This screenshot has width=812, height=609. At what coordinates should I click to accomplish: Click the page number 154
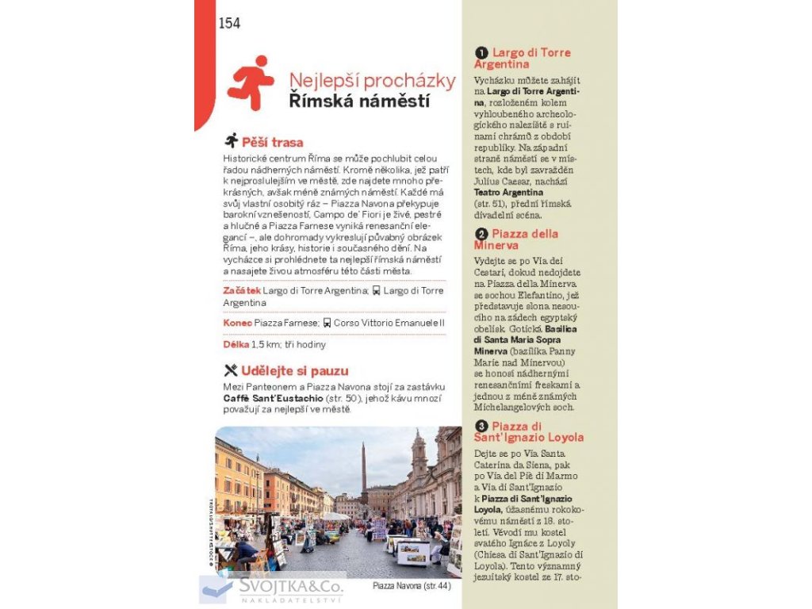[x=229, y=23]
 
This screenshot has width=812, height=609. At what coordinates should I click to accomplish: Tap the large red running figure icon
[x=251, y=82]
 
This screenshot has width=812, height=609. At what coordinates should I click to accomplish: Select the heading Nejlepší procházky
[x=372, y=81]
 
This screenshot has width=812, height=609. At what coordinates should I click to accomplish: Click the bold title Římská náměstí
[x=359, y=101]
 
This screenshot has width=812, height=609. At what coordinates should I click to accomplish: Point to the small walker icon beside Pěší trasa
[x=232, y=141]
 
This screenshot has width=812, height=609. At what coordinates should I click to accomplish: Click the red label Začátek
[x=241, y=291]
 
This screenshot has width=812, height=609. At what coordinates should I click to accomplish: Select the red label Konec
[x=237, y=323]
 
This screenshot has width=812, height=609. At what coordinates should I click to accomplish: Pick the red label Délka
[x=236, y=344]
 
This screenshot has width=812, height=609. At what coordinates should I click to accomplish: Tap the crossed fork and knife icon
[x=231, y=370]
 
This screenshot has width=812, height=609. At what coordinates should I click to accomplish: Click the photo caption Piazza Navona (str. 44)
[x=411, y=586]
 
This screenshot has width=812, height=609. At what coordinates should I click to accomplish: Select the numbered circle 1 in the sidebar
[x=481, y=53]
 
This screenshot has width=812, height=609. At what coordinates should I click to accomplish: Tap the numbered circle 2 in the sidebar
[x=481, y=234]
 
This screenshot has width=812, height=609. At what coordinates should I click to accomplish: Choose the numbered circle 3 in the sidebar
[x=481, y=427]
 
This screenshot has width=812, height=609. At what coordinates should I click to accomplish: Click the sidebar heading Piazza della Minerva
[x=517, y=239]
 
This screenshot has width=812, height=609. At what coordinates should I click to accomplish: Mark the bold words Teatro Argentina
[x=508, y=192]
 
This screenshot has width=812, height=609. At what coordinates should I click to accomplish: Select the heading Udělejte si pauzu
[x=294, y=370]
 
